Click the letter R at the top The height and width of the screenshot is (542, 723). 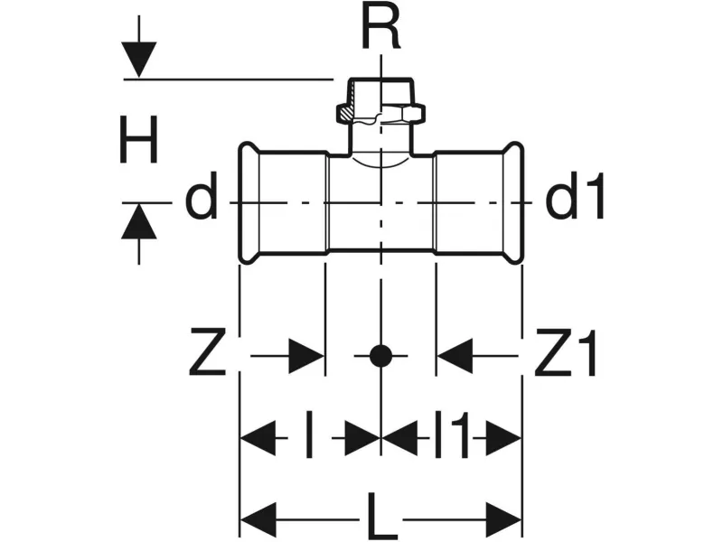pyautogui.click(x=380, y=28)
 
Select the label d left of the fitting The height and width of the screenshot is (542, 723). pyautogui.click(x=201, y=201)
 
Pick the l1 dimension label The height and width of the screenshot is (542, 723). pyautogui.click(x=451, y=439)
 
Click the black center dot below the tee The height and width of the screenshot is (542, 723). pyautogui.click(x=380, y=356)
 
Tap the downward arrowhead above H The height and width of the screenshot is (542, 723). pyautogui.click(x=138, y=61)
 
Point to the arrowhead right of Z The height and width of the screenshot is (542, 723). pyautogui.click(x=306, y=356)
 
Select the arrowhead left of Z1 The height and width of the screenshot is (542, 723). pyautogui.click(x=455, y=356)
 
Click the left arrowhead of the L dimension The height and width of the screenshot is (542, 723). pyautogui.click(x=257, y=520)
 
